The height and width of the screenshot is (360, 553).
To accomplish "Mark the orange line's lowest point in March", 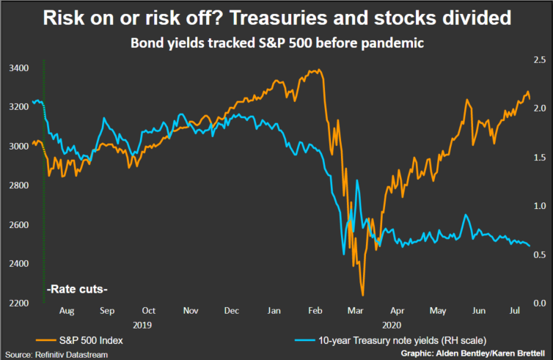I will (x=362, y=295).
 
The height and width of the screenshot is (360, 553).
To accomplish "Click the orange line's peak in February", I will (x=317, y=70).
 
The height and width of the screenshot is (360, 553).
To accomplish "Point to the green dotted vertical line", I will (x=45, y=183).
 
